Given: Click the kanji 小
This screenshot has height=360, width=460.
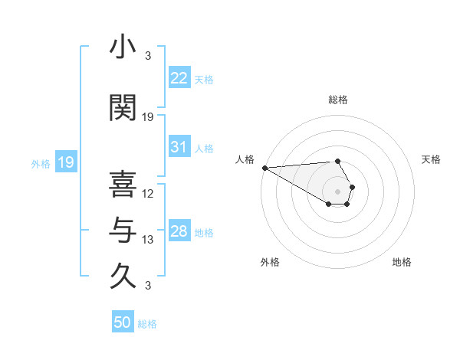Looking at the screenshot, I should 123,47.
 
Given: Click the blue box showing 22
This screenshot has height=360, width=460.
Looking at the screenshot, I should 179,77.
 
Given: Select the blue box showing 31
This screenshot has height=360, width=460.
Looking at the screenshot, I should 179,147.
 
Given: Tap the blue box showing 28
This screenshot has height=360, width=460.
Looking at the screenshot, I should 179,232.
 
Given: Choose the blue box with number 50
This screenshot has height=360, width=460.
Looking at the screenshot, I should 123,322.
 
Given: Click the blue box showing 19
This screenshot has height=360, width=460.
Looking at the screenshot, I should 65,162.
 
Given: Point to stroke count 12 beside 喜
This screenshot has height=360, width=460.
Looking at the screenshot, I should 148,193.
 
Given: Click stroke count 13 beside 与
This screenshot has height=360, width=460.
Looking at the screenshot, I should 148,241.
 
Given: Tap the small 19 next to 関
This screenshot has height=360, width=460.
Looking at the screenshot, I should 148,117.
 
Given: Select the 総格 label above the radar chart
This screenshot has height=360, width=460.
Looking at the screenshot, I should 338,100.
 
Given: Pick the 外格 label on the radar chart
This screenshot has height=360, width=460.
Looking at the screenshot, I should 270,262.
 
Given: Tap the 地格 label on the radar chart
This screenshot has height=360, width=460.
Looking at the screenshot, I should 402,262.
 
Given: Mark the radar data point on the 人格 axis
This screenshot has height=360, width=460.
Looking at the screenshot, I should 264,168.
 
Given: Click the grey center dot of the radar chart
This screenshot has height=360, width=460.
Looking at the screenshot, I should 337,190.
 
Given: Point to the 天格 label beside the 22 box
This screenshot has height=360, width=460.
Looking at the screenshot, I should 204,79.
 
